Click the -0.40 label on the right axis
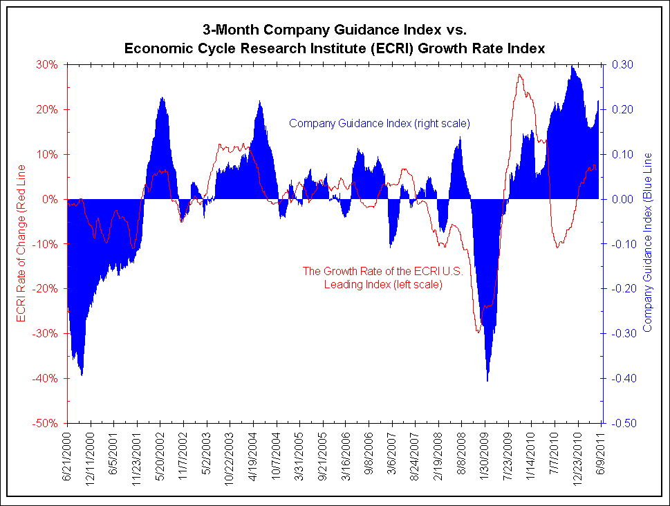click(x=620, y=378)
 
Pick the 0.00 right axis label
click(x=620, y=199)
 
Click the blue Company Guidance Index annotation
click(x=379, y=124)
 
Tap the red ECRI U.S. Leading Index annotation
click(x=382, y=277)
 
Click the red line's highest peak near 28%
click(x=519, y=75)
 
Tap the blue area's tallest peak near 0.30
click(x=573, y=66)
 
